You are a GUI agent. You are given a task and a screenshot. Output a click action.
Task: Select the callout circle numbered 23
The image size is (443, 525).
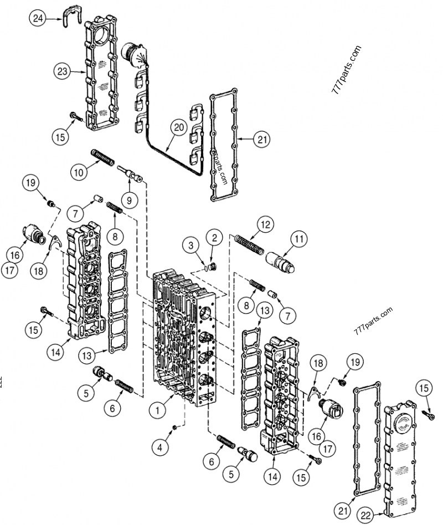tap(63, 71)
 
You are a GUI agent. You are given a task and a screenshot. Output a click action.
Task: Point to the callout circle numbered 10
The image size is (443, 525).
tap(79, 172)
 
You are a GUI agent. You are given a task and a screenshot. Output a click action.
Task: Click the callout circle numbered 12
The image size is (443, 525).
tap(265, 224)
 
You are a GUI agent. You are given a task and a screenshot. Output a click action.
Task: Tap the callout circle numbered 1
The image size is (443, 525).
tap(158, 410)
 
